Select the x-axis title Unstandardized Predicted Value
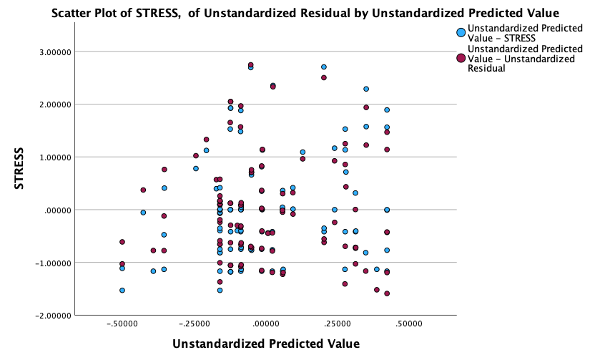pyautogui.click(x=265, y=344)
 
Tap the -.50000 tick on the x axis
pyautogui.click(x=122, y=324)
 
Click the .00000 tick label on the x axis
pyautogui.click(x=266, y=324)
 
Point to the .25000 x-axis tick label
pyautogui.click(x=338, y=324)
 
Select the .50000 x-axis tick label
pyautogui.click(x=409, y=324)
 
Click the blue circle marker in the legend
pyautogui.click(x=461, y=32)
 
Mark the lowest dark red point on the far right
pyautogui.click(x=387, y=293)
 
